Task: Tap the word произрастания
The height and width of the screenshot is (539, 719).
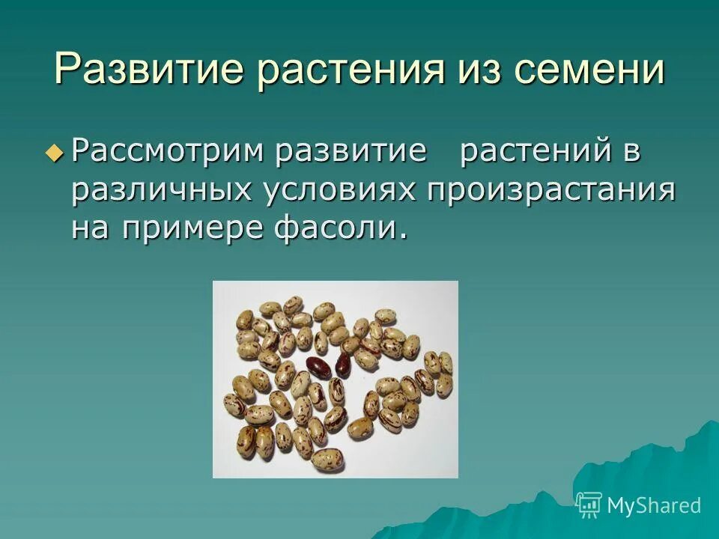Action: [552, 190]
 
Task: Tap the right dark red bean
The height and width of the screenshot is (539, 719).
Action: [343, 365]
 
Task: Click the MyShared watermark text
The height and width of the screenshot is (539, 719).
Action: [654, 505]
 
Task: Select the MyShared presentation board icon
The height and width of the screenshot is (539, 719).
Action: [589, 505]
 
